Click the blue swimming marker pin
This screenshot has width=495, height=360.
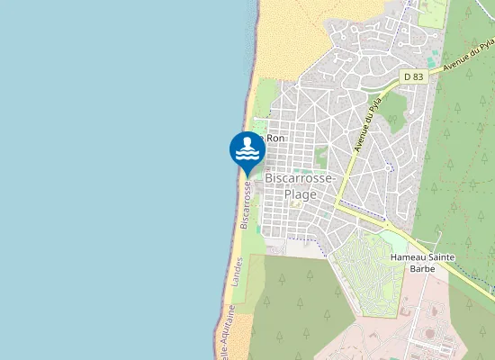pos(247,150)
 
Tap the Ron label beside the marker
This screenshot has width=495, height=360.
pos(275,139)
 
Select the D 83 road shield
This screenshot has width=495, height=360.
pos(413,77)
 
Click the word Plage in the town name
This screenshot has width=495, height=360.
pos(300,193)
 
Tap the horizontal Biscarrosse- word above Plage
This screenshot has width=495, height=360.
pos(301,179)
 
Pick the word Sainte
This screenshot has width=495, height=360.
pos(443,257)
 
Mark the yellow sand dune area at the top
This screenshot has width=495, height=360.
pos(288,36)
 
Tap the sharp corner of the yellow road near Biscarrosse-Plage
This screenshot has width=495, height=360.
pos(337,206)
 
